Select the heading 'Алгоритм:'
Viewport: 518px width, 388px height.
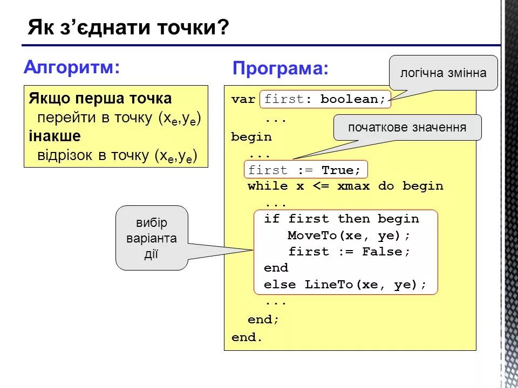(x=71, y=67)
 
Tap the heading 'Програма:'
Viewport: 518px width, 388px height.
(x=280, y=68)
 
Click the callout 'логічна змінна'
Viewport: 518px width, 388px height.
(x=443, y=73)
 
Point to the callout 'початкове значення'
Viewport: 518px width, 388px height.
(x=407, y=128)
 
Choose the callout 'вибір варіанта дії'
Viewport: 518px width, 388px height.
(x=152, y=238)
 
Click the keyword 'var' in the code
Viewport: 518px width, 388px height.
(x=243, y=99)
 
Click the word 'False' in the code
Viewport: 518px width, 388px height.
(x=382, y=252)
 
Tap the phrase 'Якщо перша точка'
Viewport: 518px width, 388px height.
(x=100, y=99)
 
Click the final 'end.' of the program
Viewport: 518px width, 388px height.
(x=247, y=338)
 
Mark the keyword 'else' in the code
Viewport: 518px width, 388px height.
(x=280, y=285)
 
